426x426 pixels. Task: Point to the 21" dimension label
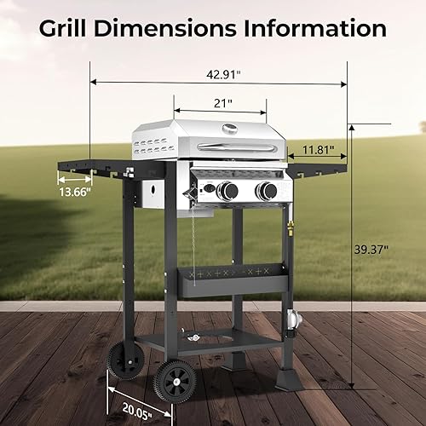pyautogui.click(x=223, y=102)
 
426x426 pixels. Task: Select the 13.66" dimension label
pyautogui.click(x=75, y=193)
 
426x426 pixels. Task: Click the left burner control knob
pyautogui.click(x=226, y=192)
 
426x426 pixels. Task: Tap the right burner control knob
pyautogui.click(x=268, y=192)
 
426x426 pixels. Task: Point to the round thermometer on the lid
pyautogui.click(x=228, y=130)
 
